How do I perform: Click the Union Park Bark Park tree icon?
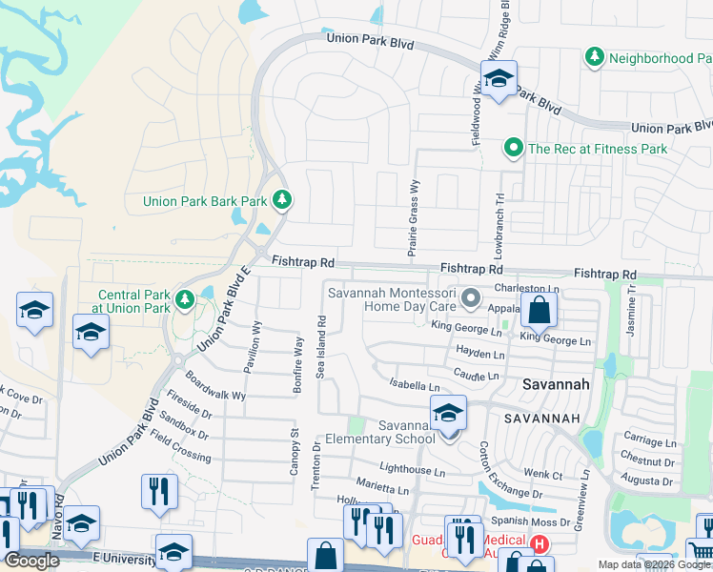[x=281, y=200]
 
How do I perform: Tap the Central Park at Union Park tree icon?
[x=185, y=301]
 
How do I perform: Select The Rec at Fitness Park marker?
[x=514, y=148]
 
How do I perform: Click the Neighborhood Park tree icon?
[x=595, y=58]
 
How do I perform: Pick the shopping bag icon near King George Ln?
[x=539, y=310]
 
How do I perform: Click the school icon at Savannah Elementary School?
[x=447, y=413]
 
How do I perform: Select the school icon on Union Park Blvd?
[x=498, y=79]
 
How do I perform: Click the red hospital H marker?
[x=540, y=545]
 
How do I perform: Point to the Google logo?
[x=31, y=561]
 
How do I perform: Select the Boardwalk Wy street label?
[x=215, y=386]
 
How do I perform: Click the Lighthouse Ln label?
[x=412, y=471]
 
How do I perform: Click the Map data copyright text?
[x=654, y=564]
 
